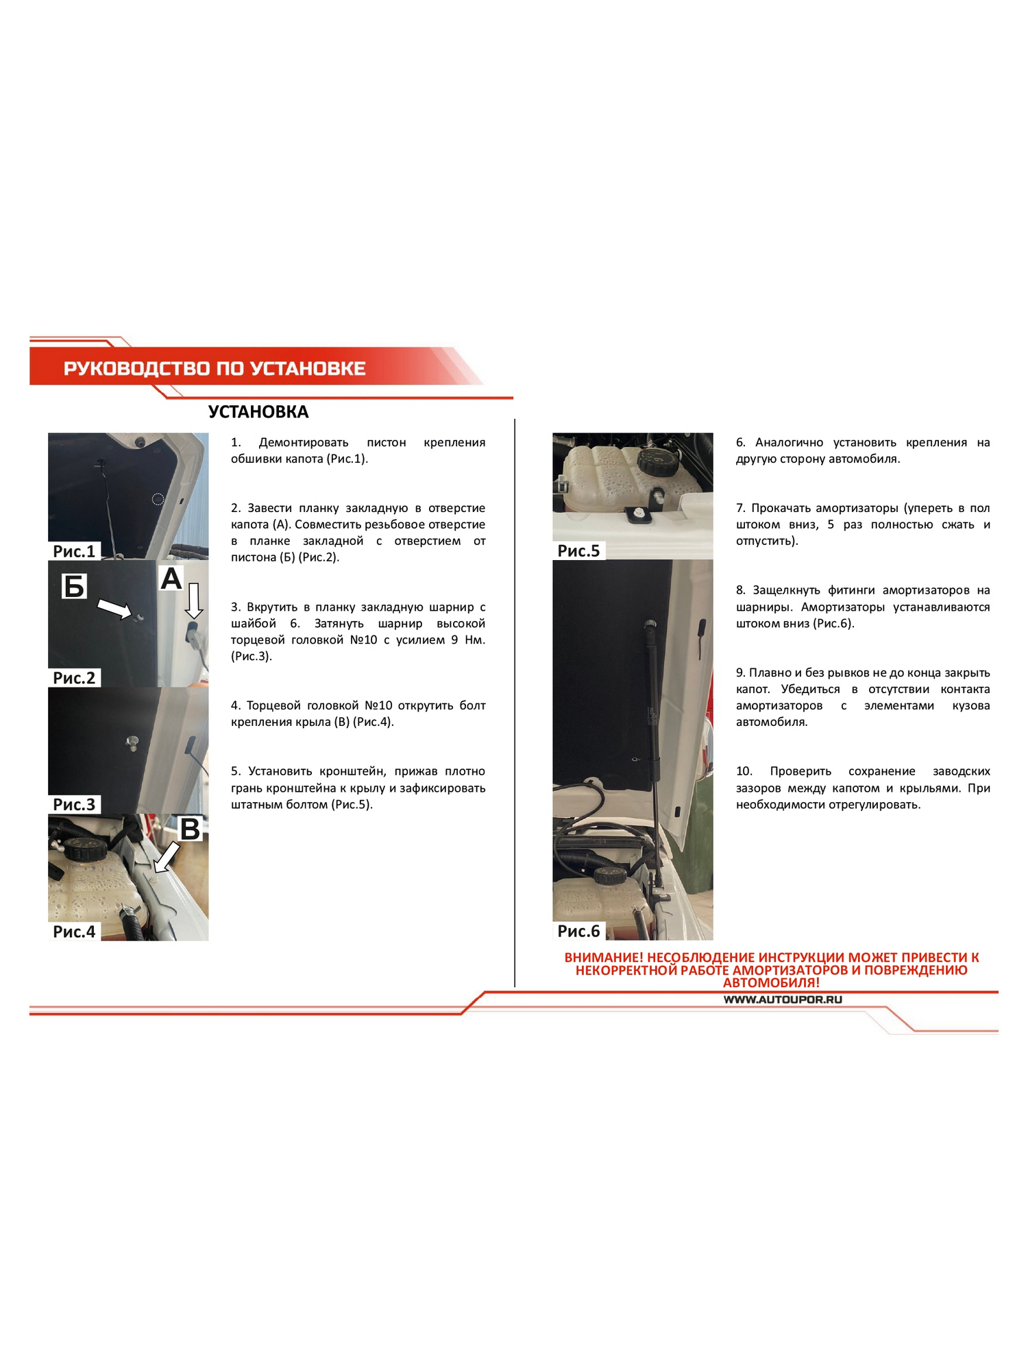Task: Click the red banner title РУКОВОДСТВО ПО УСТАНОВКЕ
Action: click(215, 369)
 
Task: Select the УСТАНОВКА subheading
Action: click(258, 412)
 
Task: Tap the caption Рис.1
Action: click(74, 551)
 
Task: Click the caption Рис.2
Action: click(74, 678)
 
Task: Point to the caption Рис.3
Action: click(74, 805)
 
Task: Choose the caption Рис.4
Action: click(74, 932)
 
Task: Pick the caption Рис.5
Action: click(578, 551)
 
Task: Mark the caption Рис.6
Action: click(578, 931)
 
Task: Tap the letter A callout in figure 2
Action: click(171, 579)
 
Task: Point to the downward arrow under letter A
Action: click(194, 601)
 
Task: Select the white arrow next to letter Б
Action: click(114, 609)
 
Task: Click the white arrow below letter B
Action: click(167, 858)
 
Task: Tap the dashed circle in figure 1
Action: click(158, 498)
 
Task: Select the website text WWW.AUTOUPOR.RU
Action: click(783, 1000)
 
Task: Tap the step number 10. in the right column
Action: click(744, 771)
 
